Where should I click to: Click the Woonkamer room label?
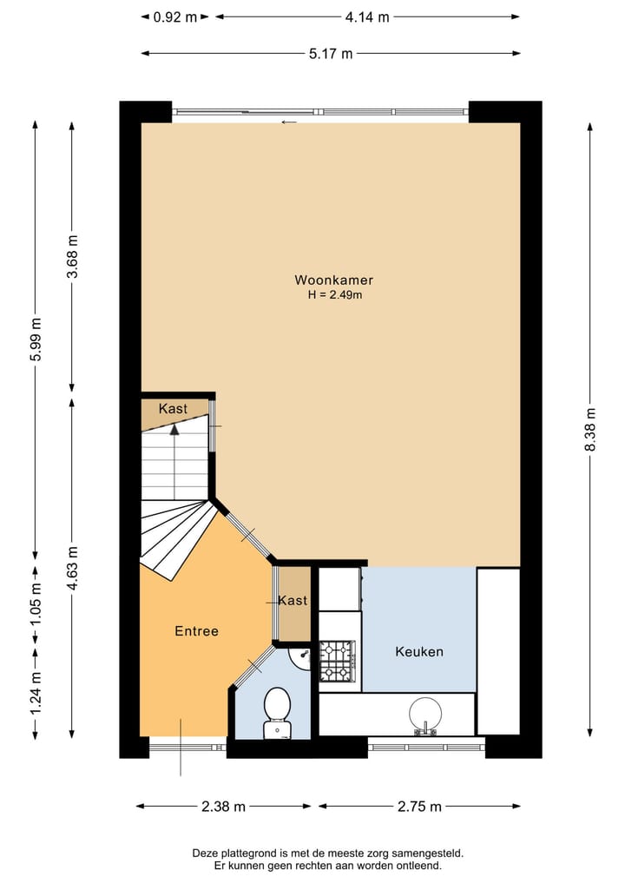(x=333, y=280)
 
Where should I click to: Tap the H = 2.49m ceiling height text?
(x=334, y=295)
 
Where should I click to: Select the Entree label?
(x=196, y=631)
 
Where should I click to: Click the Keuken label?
(x=419, y=651)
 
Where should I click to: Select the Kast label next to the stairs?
(x=173, y=409)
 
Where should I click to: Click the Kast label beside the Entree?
(x=293, y=601)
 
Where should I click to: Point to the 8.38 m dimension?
(x=591, y=430)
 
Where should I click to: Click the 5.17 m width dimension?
(x=331, y=54)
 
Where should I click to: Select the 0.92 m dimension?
(x=174, y=16)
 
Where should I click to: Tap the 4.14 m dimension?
(x=367, y=16)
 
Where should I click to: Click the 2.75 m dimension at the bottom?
(x=419, y=807)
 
